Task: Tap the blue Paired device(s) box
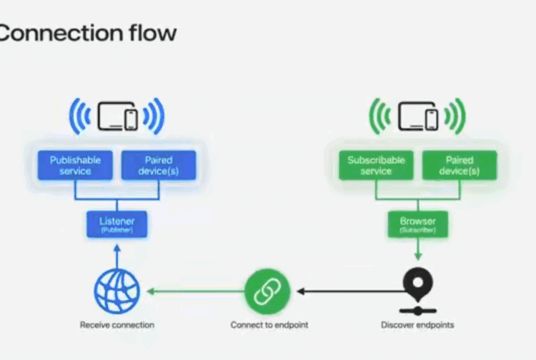pyautogui.click(x=158, y=166)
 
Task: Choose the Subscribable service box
pyautogui.click(x=376, y=166)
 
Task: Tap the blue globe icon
pyautogui.click(x=116, y=291)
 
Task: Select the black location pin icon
pyautogui.click(x=417, y=285)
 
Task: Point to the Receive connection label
pyautogui.click(x=116, y=325)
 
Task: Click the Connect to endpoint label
pyautogui.click(x=269, y=325)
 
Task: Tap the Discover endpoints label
pyautogui.click(x=417, y=325)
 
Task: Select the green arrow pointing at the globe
pyautogui.click(x=193, y=291)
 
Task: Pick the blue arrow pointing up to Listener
pyautogui.click(x=116, y=254)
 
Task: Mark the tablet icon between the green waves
pyautogui.click(x=412, y=114)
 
